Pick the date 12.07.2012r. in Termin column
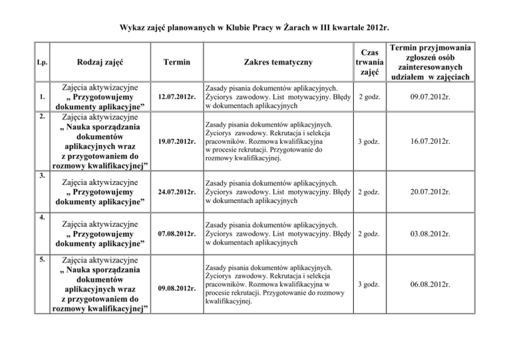click(176, 97)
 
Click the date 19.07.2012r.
click(176, 141)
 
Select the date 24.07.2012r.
click(176, 192)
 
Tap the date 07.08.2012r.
click(176, 233)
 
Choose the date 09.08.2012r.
click(176, 288)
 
